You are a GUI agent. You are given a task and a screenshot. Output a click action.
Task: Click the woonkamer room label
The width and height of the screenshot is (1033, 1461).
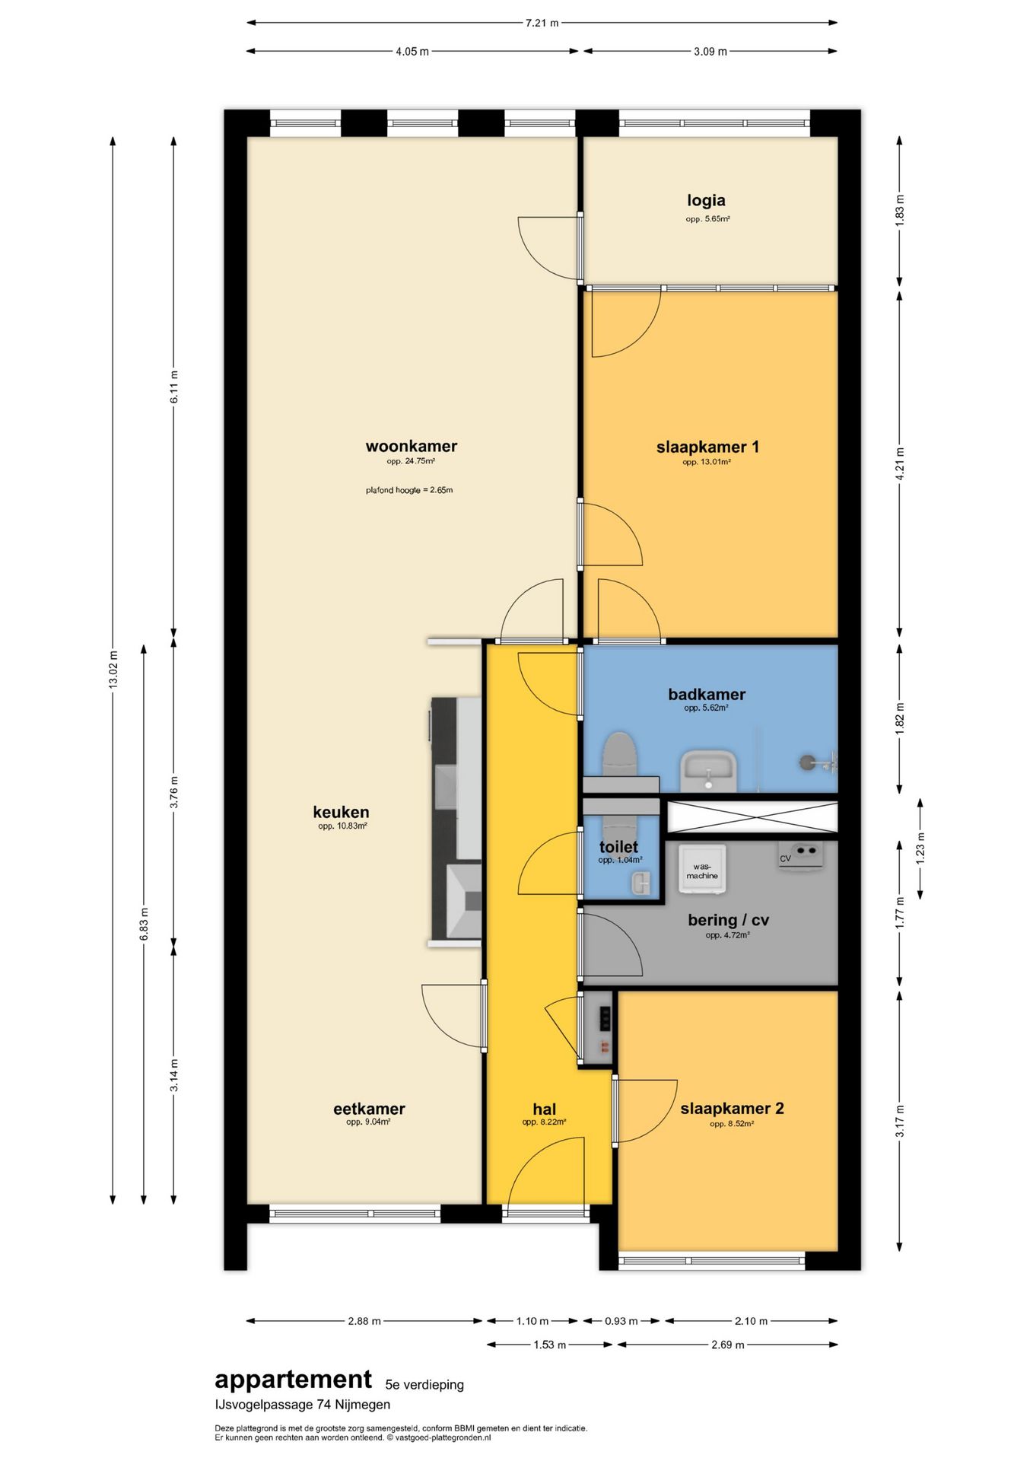(x=411, y=447)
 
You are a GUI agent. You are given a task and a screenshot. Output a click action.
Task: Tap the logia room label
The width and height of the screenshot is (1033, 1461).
(x=706, y=201)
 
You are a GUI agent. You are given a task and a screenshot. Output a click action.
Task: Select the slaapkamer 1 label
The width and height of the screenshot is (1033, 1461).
(x=707, y=447)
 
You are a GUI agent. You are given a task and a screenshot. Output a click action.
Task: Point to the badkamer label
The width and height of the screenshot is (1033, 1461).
(x=707, y=694)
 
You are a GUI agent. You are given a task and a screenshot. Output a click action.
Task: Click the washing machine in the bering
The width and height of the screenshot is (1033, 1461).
(x=702, y=868)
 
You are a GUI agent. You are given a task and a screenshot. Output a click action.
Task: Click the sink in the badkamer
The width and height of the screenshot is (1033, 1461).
(x=709, y=771)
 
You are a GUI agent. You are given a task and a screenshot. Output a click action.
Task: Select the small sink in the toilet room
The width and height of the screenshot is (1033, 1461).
(x=641, y=883)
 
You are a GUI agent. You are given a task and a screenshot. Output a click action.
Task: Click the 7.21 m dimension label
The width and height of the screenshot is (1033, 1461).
(x=542, y=23)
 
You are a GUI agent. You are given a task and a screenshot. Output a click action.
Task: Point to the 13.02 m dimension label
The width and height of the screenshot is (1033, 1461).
(x=113, y=670)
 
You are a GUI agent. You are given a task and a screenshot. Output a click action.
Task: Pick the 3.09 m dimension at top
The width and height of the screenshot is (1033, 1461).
(x=710, y=52)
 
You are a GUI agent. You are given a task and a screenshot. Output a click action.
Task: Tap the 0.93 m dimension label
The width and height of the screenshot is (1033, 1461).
(x=621, y=1321)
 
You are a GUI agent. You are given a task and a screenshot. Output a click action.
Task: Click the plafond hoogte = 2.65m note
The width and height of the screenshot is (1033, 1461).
(x=409, y=490)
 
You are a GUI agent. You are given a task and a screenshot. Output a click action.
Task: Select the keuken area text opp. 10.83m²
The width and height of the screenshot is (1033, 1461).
(x=342, y=826)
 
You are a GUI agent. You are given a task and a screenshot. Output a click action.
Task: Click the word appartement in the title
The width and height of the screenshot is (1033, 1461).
(x=293, y=1380)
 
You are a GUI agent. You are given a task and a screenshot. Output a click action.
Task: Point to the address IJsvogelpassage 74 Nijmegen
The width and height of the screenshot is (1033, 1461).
(x=302, y=1405)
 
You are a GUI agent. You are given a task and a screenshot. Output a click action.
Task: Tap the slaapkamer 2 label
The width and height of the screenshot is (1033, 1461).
(x=732, y=1109)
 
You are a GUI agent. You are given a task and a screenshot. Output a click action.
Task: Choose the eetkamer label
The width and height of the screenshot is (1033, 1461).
(x=369, y=1109)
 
